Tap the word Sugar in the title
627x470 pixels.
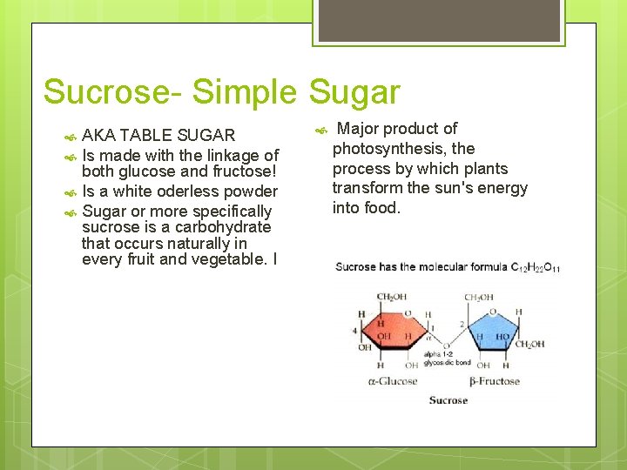354,92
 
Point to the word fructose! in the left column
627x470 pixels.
240,171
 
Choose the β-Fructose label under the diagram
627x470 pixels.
493,381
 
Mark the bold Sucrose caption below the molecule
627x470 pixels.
448,400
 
